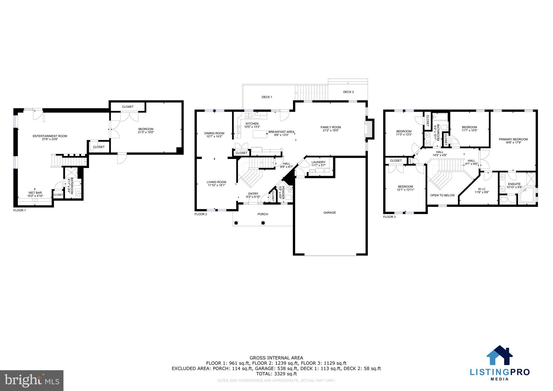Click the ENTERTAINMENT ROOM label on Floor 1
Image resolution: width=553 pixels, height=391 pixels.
pyautogui.click(x=50, y=136)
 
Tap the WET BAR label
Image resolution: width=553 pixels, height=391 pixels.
pyautogui.click(x=35, y=193)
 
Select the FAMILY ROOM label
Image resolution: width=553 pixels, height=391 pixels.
pyautogui.click(x=331, y=127)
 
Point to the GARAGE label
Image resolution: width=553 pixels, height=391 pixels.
pyautogui.click(x=329, y=213)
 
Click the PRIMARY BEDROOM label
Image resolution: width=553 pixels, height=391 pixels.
pyautogui.click(x=513, y=139)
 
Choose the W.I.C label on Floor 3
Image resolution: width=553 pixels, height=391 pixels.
pyautogui.click(x=482, y=189)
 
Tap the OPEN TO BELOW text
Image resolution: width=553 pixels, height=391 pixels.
pyautogui.click(x=442, y=195)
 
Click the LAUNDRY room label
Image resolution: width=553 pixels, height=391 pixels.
pyautogui.click(x=318, y=162)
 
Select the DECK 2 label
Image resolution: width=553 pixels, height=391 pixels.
pyautogui.click(x=348, y=92)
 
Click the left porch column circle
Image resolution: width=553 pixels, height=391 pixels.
pyautogui.click(x=236, y=223)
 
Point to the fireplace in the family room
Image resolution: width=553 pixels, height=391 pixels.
pyautogui.click(x=368, y=130)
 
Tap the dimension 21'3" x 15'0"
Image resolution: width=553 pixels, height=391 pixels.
pyautogui.click(x=146, y=132)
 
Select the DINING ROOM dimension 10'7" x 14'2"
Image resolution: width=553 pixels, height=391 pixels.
pyautogui.click(x=214, y=136)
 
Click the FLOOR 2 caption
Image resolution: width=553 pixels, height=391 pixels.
pyautogui.click(x=201, y=214)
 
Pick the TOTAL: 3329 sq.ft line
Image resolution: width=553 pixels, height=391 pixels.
pyautogui.click(x=276, y=374)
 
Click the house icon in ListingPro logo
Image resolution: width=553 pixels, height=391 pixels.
pyautogui.click(x=500, y=356)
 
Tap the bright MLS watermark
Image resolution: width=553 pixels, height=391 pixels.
pyautogui.click(x=32, y=381)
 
